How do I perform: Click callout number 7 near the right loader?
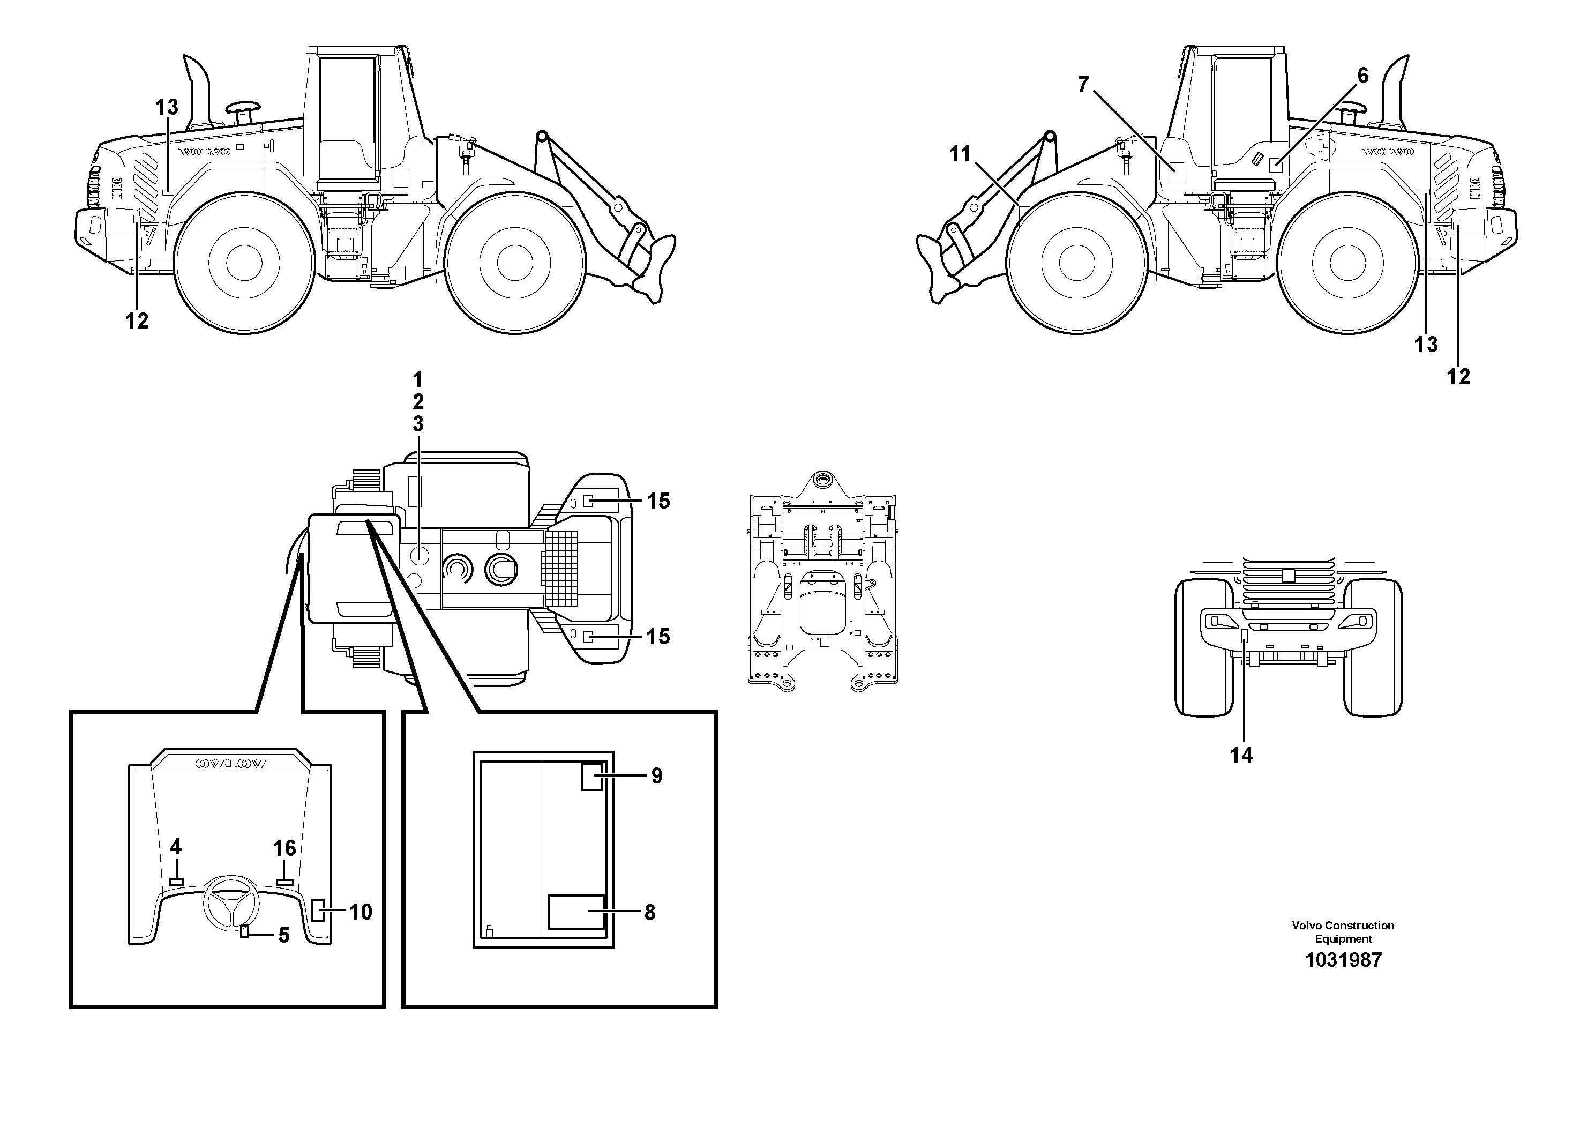(x=1083, y=85)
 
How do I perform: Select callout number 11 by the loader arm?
(x=960, y=154)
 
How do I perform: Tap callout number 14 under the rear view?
(x=1241, y=755)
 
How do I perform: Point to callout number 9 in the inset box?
(x=656, y=775)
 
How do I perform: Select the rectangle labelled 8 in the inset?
(x=576, y=912)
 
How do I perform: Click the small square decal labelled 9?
(x=592, y=775)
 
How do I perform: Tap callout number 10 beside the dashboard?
(x=361, y=912)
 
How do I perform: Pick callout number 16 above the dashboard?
(x=284, y=848)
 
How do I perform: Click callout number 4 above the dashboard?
(x=176, y=846)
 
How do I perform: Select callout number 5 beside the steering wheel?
(x=283, y=935)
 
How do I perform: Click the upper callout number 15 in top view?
(x=658, y=501)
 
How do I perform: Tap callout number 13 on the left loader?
(x=167, y=108)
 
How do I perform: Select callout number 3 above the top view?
(x=417, y=423)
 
